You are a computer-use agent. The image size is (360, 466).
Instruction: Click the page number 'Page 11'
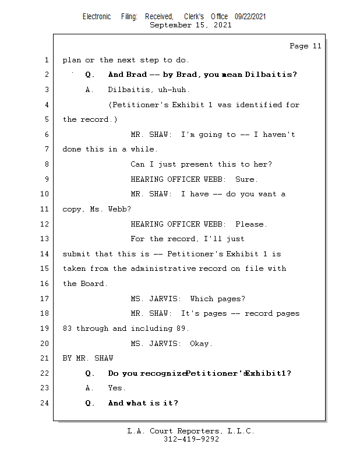point(305,46)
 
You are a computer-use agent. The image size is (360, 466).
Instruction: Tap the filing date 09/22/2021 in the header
point(250,17)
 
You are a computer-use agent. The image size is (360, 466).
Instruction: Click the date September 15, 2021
point(190,25)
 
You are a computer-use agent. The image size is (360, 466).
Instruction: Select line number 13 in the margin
point(45,239)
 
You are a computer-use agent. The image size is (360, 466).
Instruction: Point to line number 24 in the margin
point(45,403)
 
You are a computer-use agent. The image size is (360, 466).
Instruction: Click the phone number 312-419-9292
point(191,439)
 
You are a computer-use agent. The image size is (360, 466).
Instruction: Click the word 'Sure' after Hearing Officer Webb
point(245,179)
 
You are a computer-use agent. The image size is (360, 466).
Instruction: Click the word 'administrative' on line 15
point(163,269)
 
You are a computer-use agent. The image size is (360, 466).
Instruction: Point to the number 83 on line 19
point(67,329)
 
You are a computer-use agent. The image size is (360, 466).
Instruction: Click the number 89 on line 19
point(181,329)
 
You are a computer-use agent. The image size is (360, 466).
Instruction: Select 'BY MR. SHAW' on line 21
point(88,358)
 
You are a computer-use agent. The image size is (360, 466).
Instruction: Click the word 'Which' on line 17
point(202,299)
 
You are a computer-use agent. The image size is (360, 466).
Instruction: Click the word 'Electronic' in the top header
point(97,17)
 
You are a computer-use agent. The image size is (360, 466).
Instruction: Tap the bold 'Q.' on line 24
point(90,403)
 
